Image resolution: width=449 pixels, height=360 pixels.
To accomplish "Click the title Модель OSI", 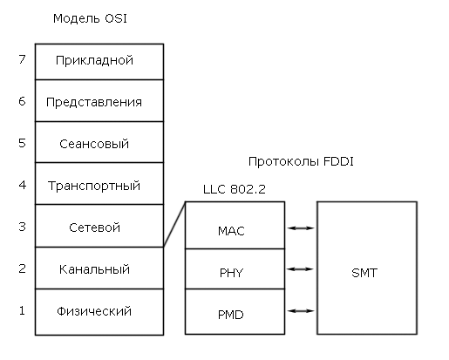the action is click(90, 18).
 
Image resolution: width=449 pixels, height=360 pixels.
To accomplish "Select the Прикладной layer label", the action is click(94, 61).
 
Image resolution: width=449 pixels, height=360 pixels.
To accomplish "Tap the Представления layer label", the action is click(94, 103).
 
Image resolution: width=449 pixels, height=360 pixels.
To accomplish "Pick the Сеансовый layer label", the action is click(94, 144).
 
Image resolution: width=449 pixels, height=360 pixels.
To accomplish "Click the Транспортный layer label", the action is click(94, 186).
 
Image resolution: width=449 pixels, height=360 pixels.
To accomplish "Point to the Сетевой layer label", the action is click(94, 228).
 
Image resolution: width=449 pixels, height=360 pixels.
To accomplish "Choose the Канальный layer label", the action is click(94, 269).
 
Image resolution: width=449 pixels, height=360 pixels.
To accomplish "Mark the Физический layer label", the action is click(94, 311).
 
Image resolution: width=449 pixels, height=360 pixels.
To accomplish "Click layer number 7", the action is click(22, 59).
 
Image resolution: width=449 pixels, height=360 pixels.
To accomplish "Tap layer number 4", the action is click(23, 185).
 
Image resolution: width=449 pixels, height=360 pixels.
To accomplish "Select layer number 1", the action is click(22, 310).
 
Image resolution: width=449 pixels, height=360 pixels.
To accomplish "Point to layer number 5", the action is click(22, 143).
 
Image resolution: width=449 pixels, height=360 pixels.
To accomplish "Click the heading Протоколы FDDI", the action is click(301, 161).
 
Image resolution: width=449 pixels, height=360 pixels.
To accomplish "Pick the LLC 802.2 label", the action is click(235, 189).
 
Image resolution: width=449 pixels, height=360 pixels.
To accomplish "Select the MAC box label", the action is click(231, 231).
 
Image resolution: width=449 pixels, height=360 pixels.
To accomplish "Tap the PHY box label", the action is click(231, 273).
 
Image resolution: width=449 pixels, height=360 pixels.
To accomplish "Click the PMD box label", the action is click(231, 315).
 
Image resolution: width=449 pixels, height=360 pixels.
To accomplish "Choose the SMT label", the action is click(364, 273).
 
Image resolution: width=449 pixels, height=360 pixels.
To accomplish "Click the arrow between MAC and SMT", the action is click(301, 228).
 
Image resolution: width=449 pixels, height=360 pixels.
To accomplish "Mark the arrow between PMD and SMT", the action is click(301, 311).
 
